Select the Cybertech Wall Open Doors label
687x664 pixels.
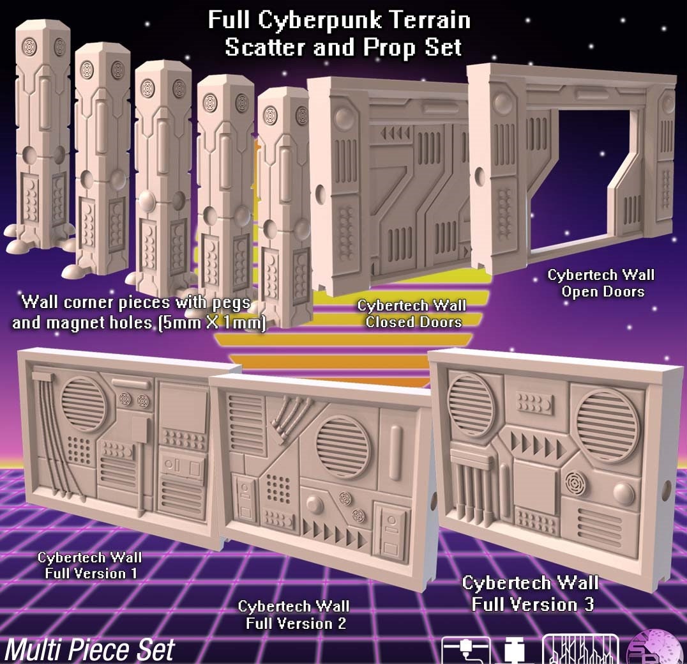(601, 283)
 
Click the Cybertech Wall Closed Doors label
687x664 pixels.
(412, 314)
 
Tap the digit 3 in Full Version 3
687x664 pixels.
(589, 605)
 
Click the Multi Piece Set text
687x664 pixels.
(89, 649)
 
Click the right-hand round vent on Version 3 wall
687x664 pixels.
(607, 425)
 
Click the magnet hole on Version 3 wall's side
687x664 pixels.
(668, 490)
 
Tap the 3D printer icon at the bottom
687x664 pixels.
(465, 650)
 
